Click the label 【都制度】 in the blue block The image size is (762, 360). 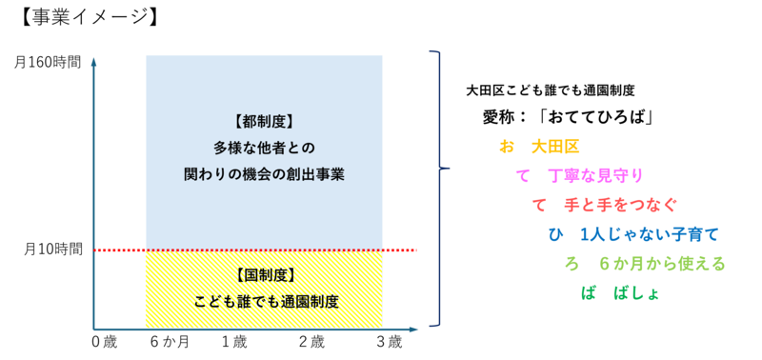[x=262, y=122]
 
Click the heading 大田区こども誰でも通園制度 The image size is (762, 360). [x=551, y=91]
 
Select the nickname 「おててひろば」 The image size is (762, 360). [x=595, y=118]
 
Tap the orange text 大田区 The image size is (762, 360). [x=555, y=147]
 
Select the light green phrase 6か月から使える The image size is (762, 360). [x=662, y=263]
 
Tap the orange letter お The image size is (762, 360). [x=506, y=147]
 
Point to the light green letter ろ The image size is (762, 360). [x=572, y=263]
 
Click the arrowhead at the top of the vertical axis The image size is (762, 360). [x=93, y=60]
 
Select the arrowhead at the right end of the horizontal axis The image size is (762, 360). [x=413, y=330]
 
